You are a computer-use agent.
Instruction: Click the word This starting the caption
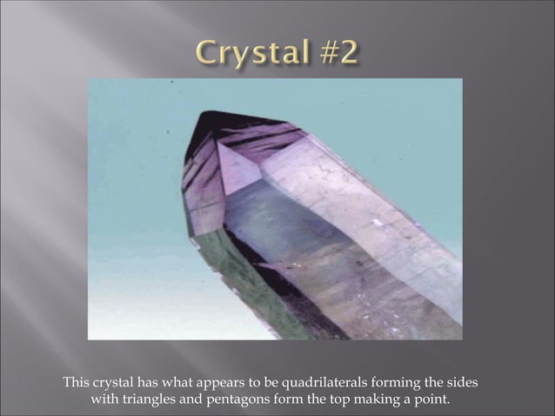tap(77, 383)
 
